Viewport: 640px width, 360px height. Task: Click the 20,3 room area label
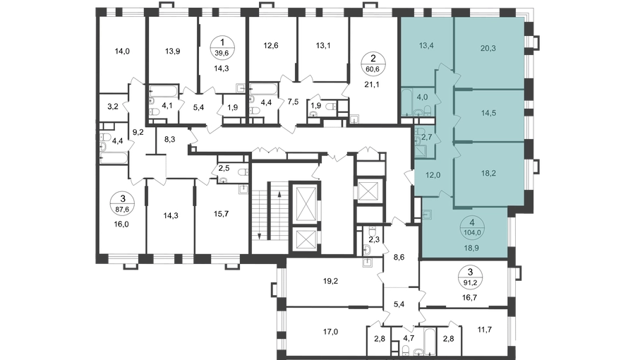click(488, 48)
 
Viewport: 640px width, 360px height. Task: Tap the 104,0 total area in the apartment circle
click(472, 233)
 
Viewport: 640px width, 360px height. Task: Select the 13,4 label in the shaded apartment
click(426, 45)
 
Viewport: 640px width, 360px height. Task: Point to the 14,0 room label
click(122, 51)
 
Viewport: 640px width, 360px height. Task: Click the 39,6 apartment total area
click(222, 52)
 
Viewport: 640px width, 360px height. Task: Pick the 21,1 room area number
click(372, 85)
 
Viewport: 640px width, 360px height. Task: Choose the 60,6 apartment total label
click(373, 69)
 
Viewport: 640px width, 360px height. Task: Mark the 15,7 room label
click(222, 213)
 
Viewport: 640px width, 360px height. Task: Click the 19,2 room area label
click(330, 281)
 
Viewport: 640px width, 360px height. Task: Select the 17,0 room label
click(330, 332)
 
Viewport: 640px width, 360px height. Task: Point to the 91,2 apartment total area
click(470, 282)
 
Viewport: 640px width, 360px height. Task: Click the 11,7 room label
click(484, 330)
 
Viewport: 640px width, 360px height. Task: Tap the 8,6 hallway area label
click(399, 257)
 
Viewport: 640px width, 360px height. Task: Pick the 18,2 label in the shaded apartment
click(488, 173)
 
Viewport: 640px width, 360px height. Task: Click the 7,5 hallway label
click(293, 102)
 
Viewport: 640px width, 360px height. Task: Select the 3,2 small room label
click(113, 107)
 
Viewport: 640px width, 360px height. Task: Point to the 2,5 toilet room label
click(224, 168)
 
